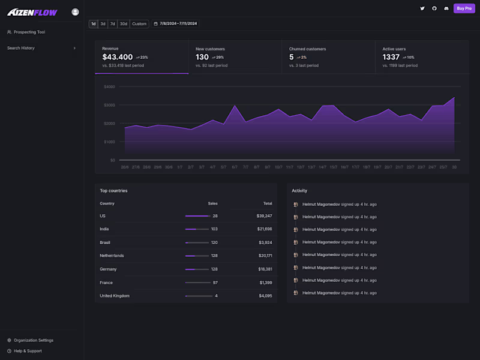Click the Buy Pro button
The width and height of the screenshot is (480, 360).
click(464, 8)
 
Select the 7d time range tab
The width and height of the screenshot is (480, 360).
click(112, 24)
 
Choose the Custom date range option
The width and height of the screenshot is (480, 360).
click(139, 24)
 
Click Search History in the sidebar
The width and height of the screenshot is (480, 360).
click(21, 48)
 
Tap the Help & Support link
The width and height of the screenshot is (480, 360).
click(28, 351)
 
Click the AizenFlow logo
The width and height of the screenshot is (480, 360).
click(32, 11)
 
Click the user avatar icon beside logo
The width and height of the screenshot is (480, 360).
click(75, 11)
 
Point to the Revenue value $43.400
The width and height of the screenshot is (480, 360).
click(118, 57)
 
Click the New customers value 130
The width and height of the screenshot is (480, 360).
click(202, 57)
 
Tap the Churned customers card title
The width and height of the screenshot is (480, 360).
click(307, 49)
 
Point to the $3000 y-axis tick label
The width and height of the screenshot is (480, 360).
click(109, 105)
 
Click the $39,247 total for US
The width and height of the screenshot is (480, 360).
click(264, 215)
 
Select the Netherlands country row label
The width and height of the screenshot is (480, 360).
click(112, 256)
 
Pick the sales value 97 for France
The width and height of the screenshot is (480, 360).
click(215, 283)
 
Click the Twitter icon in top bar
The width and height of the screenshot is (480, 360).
click(422, 8)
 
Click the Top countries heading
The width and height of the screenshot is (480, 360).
click(113, 191)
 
